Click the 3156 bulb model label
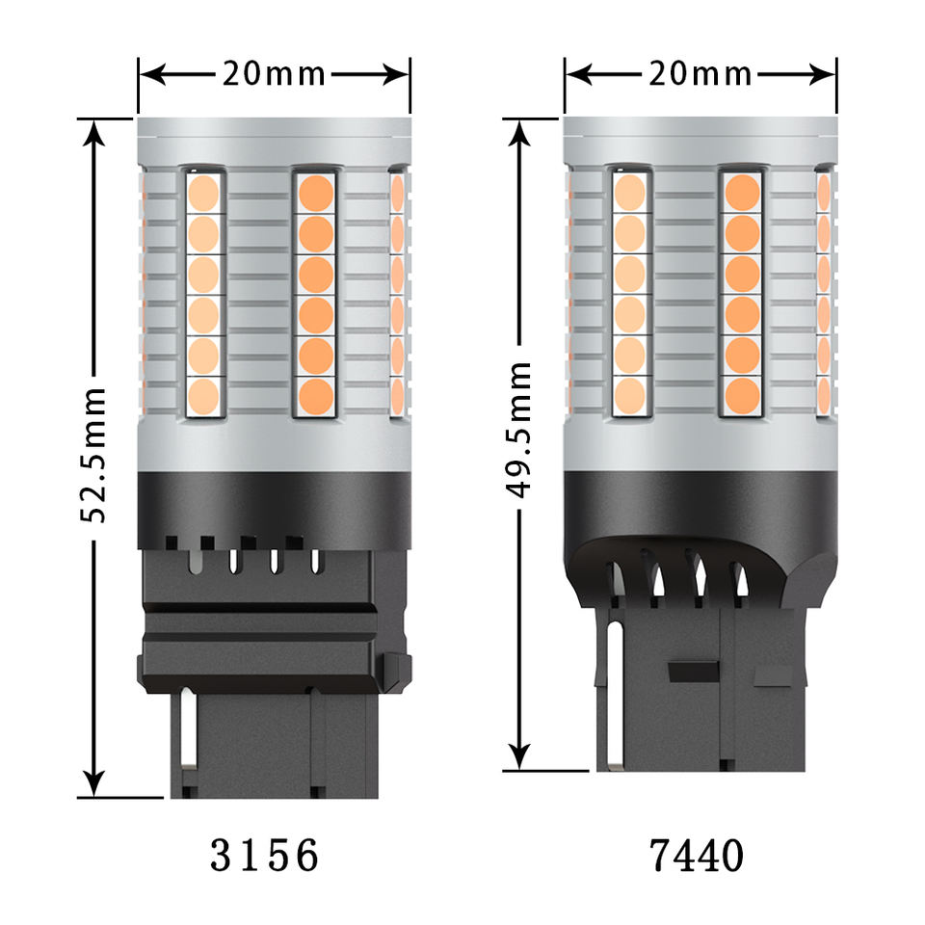coord(264,856)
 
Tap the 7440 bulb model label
coord(696,856)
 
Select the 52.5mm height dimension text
coord(93,455)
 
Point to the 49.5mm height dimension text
coord(519,430)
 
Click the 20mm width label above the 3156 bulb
coord(274,74)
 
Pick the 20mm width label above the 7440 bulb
coord(700,74)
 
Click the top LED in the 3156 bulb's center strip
coord(316,193)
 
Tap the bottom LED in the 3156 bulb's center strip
coord(316,396)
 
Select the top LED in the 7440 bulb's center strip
coord(742,193)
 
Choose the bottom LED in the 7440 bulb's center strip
coord(742,396)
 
